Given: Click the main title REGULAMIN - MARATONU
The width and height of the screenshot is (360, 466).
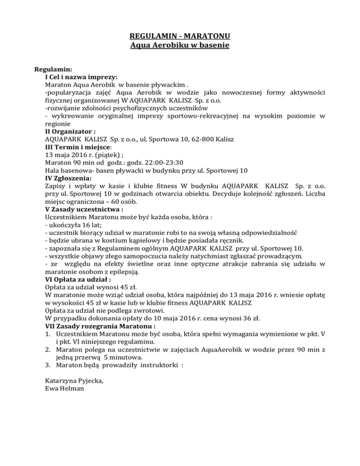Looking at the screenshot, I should pyautogui.click(x=180, y=37).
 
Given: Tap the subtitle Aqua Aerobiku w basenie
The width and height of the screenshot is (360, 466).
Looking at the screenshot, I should pyautogui.click(x=180, y=46).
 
